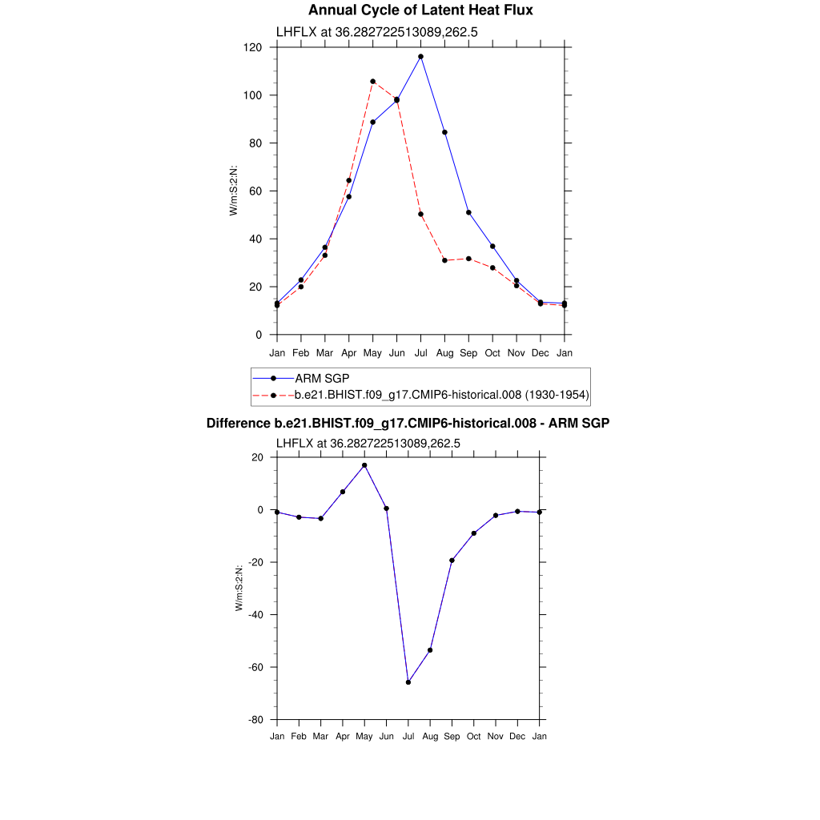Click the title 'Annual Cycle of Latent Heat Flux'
coord(420,10)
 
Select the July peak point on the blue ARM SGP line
coord(420,57)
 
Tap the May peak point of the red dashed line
coord(372,82)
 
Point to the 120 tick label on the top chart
coord(254,47)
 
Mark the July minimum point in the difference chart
coord(408,682)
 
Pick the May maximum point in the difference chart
coord(364,465)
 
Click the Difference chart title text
coord(408,423)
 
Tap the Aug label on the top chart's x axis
coord(444,353)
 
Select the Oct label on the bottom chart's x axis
coord(474,736)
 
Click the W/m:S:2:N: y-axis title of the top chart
coord(234,191)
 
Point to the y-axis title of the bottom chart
coord(239,589)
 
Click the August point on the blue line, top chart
coord(444,132)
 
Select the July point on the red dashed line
coord(420,214)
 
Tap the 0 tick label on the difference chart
coord(259,509)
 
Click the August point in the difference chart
coord(430,650)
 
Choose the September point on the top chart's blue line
coord(468,212)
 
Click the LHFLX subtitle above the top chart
coord(377,32)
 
